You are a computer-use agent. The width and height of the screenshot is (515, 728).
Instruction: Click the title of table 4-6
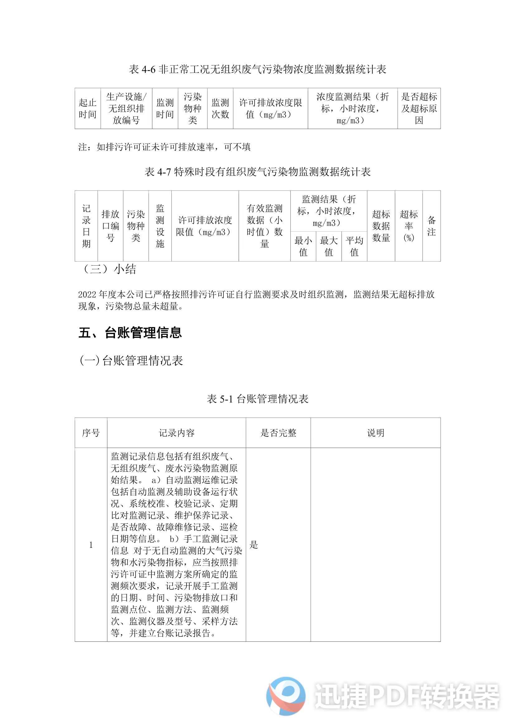click(257, 69)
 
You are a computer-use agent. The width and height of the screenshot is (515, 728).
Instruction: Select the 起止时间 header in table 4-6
click(88, 108)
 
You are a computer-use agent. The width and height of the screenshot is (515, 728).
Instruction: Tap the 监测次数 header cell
click(220, 108)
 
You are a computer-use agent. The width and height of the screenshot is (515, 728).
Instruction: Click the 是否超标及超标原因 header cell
click(419, 108)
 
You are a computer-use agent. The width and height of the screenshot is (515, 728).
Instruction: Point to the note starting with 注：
click(165, 147)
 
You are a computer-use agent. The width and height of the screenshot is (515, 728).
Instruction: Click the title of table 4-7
click(257, 172)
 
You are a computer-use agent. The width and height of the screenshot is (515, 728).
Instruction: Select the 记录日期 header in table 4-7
click(86, 226)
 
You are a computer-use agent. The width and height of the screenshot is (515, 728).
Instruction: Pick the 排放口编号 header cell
click(110, 226)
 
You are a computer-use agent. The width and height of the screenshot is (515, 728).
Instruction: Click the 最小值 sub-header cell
click(303, 246)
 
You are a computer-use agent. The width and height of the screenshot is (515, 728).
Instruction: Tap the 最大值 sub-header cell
click(329, 246)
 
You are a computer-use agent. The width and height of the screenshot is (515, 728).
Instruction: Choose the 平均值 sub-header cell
click(354, 246)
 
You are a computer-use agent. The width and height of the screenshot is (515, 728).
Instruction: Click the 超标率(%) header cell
click(409, 226)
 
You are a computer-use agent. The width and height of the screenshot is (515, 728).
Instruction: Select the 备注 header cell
click(432, 226)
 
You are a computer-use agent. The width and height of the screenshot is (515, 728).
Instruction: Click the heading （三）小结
click(109, 269)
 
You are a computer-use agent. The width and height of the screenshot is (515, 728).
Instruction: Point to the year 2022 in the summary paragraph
click(87, 295)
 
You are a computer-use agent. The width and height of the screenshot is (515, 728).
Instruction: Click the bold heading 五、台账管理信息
click(130, 333)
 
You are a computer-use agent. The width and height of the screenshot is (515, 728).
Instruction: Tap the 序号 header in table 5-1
click(91, 433)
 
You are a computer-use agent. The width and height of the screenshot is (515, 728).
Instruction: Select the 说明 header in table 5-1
click(375, 433)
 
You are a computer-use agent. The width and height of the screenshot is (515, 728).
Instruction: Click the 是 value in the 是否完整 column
click(254, 545)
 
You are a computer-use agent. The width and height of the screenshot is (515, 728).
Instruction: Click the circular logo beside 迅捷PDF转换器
click(286, 696)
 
